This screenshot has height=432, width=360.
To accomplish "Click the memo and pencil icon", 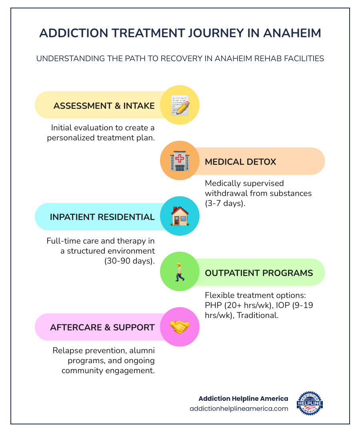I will coord(180,105).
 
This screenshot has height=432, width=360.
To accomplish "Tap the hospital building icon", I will coord(180,161).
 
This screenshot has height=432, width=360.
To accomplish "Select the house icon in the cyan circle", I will coord(180,216).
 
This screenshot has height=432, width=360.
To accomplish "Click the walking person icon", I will coord(180,272).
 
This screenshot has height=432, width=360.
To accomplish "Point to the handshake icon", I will coord(180,327).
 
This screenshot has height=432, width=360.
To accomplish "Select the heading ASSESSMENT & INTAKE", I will coord(104,106).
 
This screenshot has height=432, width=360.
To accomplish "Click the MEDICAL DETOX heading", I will coord(240,162).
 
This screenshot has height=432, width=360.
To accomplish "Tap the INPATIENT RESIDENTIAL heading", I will coord(102,217).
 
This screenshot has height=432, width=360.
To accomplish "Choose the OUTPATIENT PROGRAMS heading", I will coord(259,273).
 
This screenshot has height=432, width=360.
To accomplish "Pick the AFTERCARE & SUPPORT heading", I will coord(102,327).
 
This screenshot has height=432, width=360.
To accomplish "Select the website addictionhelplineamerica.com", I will coord(239,408).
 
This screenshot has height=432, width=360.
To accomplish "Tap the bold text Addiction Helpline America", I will coord(243,398).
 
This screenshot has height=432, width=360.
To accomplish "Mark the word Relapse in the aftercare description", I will coord(66,350).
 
